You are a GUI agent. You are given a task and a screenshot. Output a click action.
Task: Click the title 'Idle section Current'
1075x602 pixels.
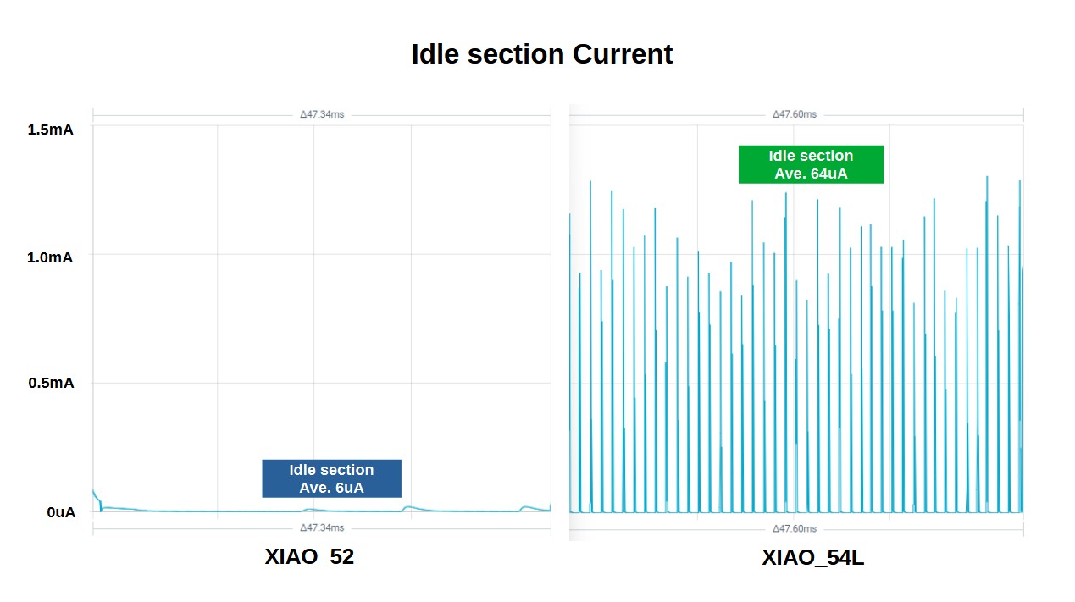click(541, 54)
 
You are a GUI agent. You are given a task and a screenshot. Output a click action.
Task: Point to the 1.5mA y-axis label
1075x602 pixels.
click(50, 130)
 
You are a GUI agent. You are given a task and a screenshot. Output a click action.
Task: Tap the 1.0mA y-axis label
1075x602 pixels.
click(50, 257)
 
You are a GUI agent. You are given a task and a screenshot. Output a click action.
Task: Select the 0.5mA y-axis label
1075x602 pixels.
click(51, 383)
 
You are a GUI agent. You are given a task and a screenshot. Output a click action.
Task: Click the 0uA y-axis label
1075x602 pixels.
click(61, 512)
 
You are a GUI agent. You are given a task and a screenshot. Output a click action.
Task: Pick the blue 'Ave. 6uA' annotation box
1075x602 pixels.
click(331, 478)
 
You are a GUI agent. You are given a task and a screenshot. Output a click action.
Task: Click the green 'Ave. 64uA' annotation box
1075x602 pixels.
click(811, 164)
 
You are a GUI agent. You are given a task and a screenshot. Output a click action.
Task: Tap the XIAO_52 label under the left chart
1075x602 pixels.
click(309, 556)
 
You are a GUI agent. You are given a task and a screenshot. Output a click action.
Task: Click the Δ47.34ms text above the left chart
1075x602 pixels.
click(322, 114)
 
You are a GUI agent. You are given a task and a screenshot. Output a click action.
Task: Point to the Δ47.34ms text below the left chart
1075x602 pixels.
click(322, 527)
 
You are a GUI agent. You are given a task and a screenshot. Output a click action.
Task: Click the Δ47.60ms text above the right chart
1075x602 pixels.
click(795, 114)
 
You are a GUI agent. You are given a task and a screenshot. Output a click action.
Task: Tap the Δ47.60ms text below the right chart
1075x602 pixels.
click(795, 528)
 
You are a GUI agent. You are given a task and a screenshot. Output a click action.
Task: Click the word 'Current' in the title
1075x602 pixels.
click(623, 54)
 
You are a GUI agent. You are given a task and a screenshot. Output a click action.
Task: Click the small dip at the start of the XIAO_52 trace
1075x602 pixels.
click(101, 509)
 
